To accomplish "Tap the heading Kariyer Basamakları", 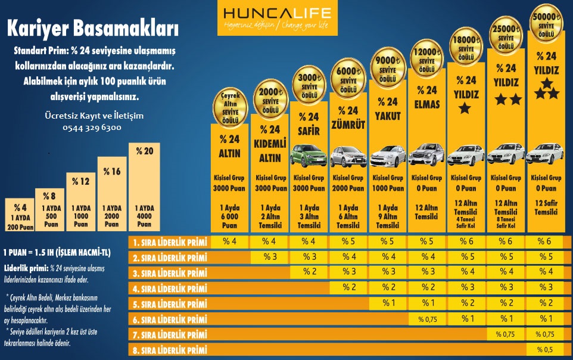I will pos(92,27).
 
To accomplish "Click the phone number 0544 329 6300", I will pos(92,128).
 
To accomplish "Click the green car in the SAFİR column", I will pos(309,156).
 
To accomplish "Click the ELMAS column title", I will pos(427,104).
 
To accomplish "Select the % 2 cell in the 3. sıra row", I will pos(310,272).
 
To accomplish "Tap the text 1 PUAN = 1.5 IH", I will pos(57,252).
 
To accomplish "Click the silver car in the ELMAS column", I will pos(426,154).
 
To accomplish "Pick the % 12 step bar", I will pos(81,203).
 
